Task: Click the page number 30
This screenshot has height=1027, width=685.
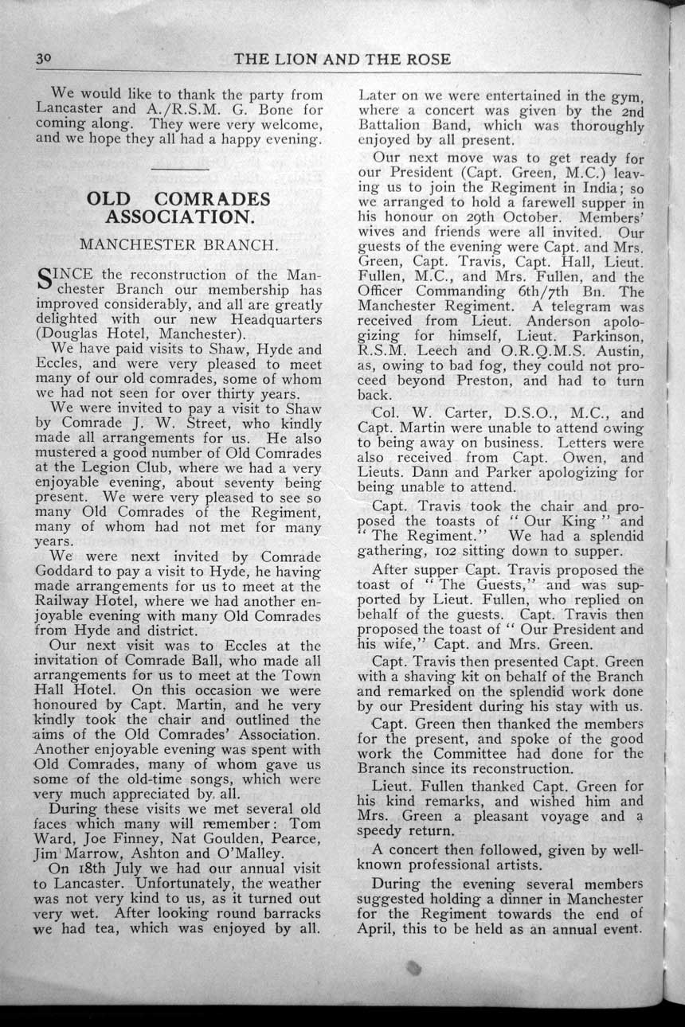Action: [x=44, y=60]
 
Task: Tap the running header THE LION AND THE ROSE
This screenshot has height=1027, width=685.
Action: [x=342, y=60]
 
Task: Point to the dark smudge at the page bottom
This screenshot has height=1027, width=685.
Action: [x=413, y=968]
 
